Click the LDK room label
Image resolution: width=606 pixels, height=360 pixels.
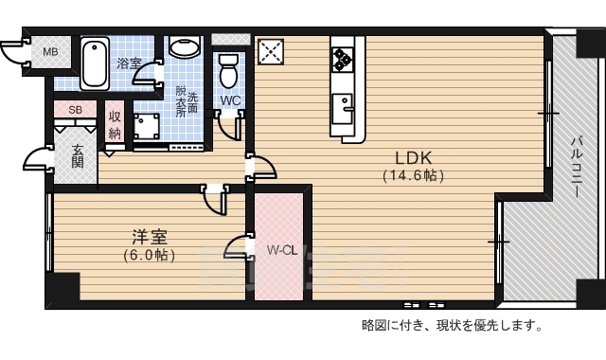tap(414, 158)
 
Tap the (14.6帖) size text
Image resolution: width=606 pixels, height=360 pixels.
tap(414, 175)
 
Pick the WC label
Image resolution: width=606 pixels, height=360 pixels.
tap(230, 99)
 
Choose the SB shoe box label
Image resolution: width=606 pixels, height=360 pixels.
tap(75, 110)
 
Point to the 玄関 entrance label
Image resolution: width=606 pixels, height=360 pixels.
tap(77, 155)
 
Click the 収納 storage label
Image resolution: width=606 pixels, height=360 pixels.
tap(115, 124)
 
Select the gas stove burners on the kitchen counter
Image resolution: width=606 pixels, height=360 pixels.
tap(342, 59)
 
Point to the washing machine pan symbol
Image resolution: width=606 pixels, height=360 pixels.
tap(146, 126)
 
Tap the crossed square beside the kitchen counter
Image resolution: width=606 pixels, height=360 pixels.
tap(271, 50)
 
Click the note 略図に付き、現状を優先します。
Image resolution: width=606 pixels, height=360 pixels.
tap(453, 326)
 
